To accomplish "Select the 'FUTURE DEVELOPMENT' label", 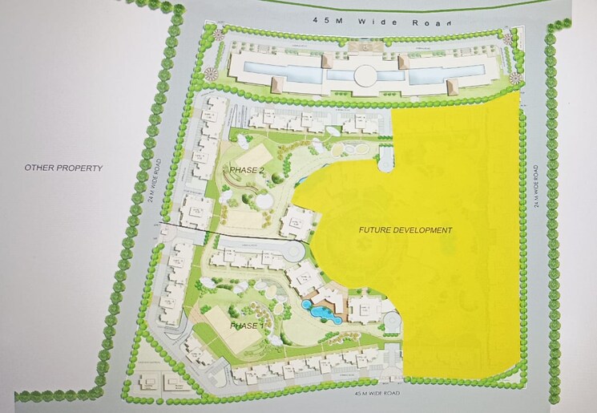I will [x=405, y=230].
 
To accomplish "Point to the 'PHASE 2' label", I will [x=246, y=171].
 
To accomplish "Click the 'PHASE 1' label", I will [x=245, y=326].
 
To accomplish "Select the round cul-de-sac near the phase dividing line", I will [x=294, y=252].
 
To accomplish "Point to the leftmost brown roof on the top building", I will [x=274, y=82].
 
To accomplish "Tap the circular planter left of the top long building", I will [x=212, y=74].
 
